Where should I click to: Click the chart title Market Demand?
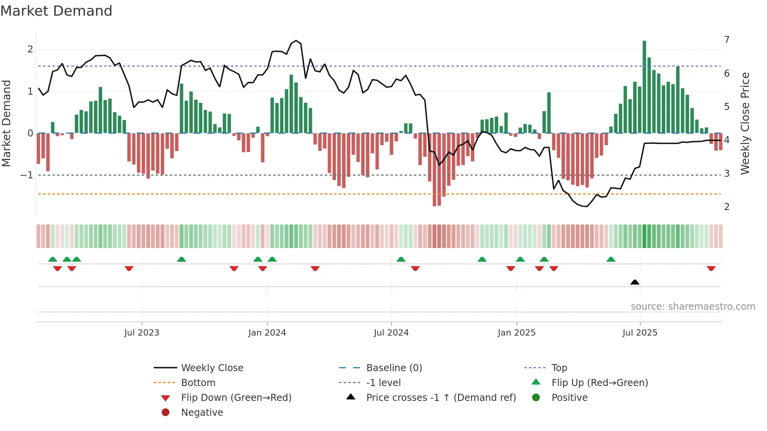pos(56,11)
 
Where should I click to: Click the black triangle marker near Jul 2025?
pos(635,282)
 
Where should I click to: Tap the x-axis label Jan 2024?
pos(267,333)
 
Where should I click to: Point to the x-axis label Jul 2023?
pos(142,333)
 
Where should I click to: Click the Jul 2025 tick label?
pos(640,333)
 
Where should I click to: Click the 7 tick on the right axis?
pos(727,40)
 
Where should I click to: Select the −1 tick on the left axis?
pos(27,175)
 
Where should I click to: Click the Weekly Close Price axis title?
pos(745,123)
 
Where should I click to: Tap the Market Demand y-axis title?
pos(6,123)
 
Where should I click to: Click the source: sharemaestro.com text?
pos(693,307)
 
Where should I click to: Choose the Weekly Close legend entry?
pos(212,368)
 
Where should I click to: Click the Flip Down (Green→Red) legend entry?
pos(236,398)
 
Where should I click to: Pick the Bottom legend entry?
pos(198,383)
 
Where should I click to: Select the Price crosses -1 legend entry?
pos(441,398)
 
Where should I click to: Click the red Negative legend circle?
pos(166,413)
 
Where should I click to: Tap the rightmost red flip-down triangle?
pos(711,268)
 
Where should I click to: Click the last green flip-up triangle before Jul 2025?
pos(611,259)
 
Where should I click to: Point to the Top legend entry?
pos(559,368)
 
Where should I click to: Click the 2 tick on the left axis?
pos(30,49)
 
